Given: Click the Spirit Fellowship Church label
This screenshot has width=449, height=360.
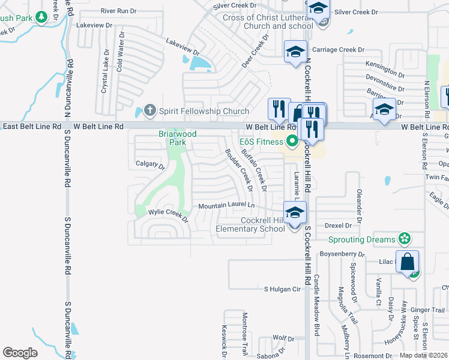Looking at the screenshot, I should pos(203,111).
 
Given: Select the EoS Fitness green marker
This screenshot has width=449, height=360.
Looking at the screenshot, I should pos(293,142).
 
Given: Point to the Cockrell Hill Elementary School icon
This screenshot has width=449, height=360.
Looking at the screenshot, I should pos(295,213).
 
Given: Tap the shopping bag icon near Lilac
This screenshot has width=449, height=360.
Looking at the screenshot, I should pos(407,262).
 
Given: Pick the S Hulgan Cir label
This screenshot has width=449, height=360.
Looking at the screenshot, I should pos(282,289).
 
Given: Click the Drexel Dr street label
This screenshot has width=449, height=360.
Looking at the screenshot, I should pos(337,226).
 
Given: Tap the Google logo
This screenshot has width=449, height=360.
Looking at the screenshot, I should pos(20,353).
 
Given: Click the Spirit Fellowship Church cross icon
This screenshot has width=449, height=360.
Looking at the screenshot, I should pos(149,110).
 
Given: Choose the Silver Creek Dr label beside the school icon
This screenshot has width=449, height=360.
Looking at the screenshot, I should pos(357,12).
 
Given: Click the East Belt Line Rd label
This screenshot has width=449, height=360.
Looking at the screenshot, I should pos(31,127).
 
